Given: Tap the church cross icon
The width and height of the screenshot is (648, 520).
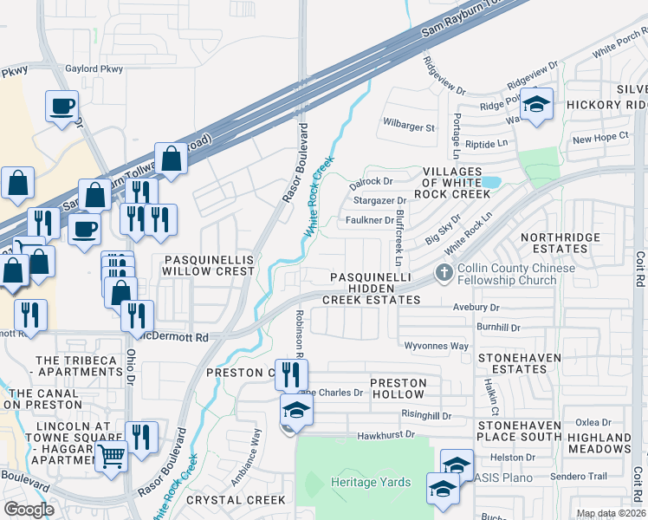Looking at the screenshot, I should click(444, 274).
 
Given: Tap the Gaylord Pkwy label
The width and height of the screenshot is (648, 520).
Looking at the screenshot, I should click(94, 69).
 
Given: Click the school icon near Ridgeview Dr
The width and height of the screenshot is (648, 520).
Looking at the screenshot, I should click(537, 105).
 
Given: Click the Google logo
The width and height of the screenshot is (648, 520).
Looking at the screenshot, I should click(29, 510).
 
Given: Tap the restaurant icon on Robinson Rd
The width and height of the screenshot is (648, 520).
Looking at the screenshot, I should click(292, 374).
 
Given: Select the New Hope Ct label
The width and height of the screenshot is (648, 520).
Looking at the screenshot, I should click(600, 139).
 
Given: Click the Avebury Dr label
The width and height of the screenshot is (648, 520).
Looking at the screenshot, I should click(476, 308).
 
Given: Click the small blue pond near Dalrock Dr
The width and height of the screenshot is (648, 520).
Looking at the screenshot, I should click(490, 183).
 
